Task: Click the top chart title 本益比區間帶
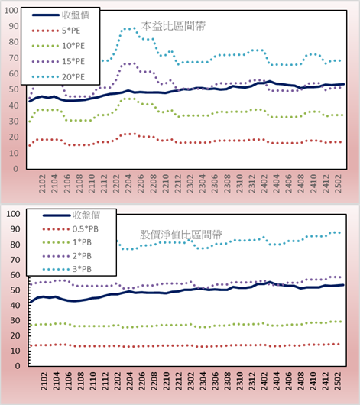(174, 26)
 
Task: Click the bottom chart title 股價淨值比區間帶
(180, 235)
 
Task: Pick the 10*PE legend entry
(58, 46)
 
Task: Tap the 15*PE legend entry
(58, 61)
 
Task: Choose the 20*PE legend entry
(58, 77)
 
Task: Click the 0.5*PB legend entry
(70, 229)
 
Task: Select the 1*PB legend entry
(67, 242)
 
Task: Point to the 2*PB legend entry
(67, 256)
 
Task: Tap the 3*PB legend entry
(67, 269)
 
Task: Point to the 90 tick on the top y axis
(14, 26)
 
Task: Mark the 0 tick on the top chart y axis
(16, 169)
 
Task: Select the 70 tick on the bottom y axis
(15, 260)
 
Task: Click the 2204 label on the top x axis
(128, 183)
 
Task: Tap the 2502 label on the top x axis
(338, 183)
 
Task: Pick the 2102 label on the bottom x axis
(44, 381)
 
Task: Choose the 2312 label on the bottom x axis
(252, 381)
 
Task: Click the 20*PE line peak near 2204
(130, 28)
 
